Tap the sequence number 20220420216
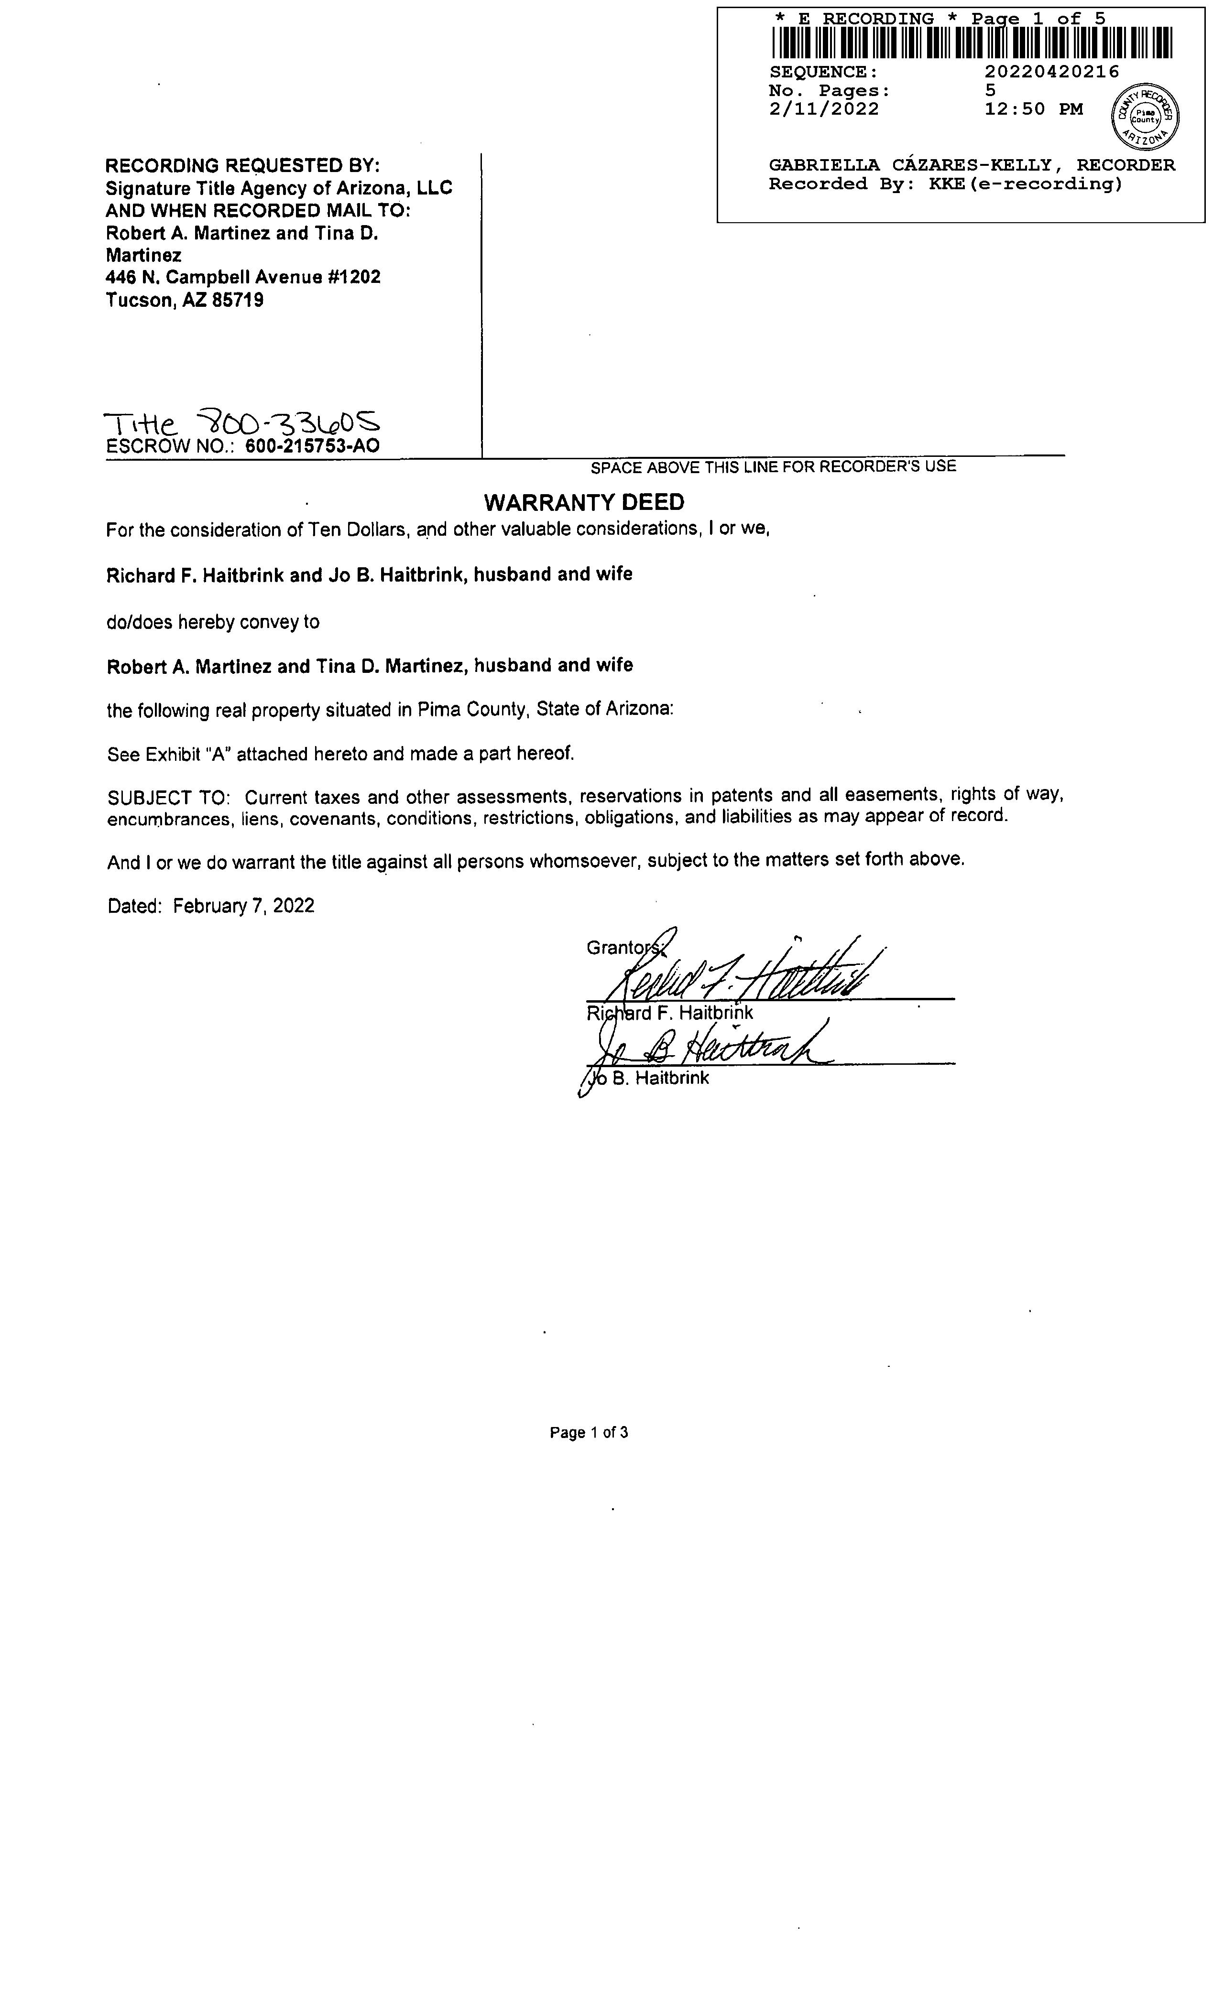click(x=1052, y=72)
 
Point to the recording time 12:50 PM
click(x=1034, y=109)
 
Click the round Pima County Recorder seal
click(x=1145, y=117)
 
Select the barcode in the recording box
click(x=971, y=44)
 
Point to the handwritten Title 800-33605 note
click(x=242, y=423)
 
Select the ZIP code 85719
click(x=238, y=300)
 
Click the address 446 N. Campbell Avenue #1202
click(x=242, y=278)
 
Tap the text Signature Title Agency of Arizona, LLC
click(x=278, y=188)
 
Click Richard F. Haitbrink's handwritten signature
click(x=743, y=971)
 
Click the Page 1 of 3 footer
click(x=589, y=1432)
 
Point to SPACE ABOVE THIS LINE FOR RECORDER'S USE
click(x=773, y=467)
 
